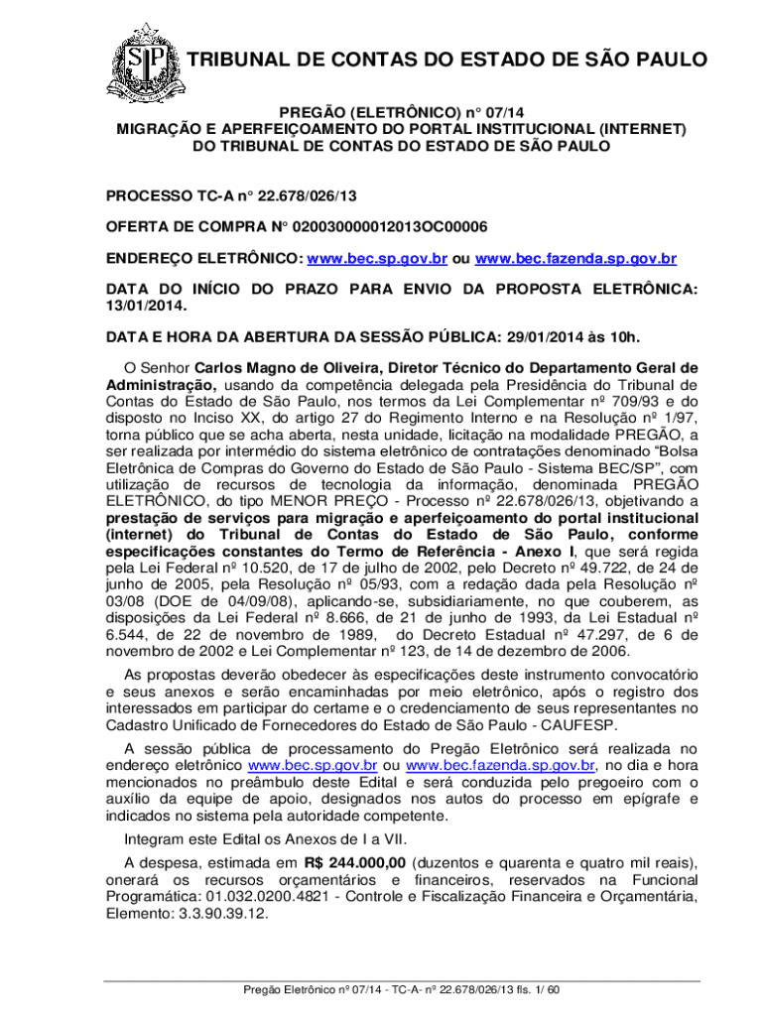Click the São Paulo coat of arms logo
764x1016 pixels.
coord(142,61)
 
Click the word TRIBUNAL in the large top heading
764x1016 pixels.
coord(238,61)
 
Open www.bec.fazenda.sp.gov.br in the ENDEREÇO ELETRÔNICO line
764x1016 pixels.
coord(576,258)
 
